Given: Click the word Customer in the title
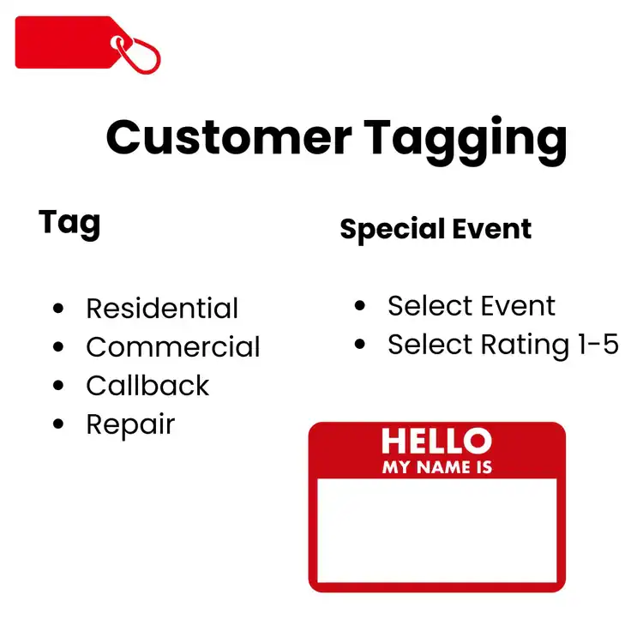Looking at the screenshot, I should click(x=227, y=137).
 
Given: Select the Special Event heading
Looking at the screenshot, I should click(x=436, y=229).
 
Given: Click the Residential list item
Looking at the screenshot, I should click(x=162, y=309).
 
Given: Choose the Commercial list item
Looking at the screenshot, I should click(x=172, y=347).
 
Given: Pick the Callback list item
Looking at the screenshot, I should click(x=147, y=386).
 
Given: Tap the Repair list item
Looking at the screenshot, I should click(x=130, y=424).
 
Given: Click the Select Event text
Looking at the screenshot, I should click(x=472, y=306).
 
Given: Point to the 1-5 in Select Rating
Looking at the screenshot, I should click(x=594, y=345).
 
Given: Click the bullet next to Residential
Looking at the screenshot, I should click(x=58, y=309).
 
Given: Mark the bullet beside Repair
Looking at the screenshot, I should click(x=58, y=424).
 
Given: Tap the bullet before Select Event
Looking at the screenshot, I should click(x=360, y=306).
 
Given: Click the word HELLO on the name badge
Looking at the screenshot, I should click(x=436, y=442).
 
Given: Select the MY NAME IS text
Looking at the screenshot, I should click(x=436, y=468).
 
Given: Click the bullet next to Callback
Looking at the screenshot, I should click(x=58, y=386).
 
